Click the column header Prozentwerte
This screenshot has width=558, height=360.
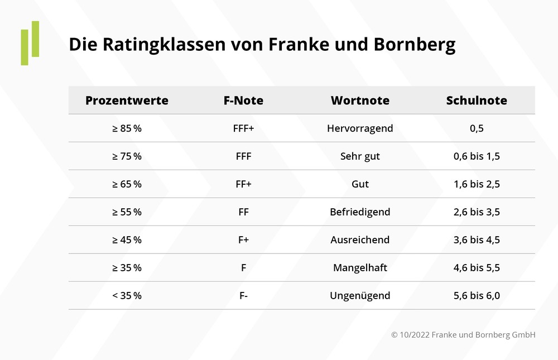tap(127, 100)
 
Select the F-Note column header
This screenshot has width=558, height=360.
tap(243, 100)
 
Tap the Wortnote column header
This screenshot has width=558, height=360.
tap(360, 100)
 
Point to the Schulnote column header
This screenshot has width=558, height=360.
tap(477, 100)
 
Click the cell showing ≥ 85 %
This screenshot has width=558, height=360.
tap(127, 128)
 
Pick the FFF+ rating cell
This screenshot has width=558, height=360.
tap(243, 128)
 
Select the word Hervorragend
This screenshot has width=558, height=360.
tap(360, 128)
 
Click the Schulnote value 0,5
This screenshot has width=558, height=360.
tap(477, 128)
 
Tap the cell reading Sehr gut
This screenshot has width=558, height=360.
tap(360, 156)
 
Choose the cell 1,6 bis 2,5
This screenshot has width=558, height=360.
tap(477, 184)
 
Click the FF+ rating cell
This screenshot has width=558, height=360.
tap(243, 184)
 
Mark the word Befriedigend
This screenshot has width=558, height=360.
tap(360, 212)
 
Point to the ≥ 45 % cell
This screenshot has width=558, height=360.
tap(127, 240)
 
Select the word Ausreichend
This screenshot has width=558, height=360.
tap(360, 240)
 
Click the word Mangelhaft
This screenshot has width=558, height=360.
tap(360, 268)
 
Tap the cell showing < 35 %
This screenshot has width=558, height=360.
tap(127, 296)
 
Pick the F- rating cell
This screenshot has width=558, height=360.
tap(243, 296)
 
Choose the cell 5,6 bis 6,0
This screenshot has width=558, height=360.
tap(477, 296)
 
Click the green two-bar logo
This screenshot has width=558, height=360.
tap(30, 43)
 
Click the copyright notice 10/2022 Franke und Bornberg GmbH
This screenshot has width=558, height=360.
tap(463, 335)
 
